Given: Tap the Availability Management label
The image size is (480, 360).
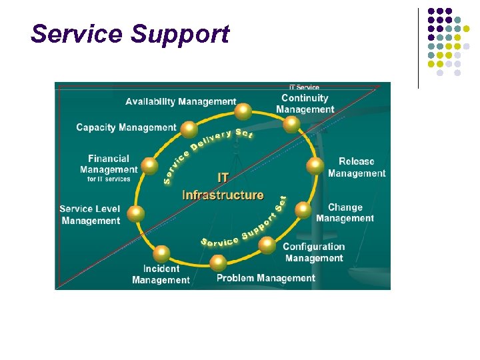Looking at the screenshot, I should point(181,101).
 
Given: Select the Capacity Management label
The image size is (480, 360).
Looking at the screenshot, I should point(126,127).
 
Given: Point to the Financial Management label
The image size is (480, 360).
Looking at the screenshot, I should point(108,164).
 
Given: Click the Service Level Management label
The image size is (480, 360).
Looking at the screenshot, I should point(89,215).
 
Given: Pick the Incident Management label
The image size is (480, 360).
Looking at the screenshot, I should point(161,274).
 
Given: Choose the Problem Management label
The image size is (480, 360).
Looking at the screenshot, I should point(265,278).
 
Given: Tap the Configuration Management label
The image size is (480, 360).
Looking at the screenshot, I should point(313,252).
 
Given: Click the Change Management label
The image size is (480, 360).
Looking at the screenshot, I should point(345,213).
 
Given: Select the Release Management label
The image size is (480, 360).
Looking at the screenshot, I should point(357,167).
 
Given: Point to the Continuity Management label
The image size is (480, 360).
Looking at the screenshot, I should point(305,103).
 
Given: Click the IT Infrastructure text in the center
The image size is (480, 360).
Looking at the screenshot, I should point(223,187).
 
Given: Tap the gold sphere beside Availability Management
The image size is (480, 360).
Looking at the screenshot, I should point(244,111).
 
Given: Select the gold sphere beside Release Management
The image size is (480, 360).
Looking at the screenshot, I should point(314,166).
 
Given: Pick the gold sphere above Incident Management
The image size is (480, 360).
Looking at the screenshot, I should point(161,253).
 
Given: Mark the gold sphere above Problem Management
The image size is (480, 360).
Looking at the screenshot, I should point(218,262).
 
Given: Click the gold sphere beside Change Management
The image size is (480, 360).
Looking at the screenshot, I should point(303,210).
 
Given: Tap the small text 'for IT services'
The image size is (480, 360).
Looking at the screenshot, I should point(109,179).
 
